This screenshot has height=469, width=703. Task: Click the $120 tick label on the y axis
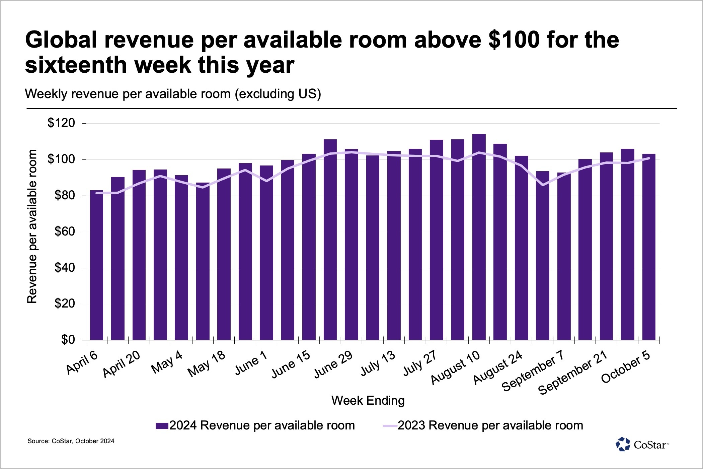[x=61, y=123]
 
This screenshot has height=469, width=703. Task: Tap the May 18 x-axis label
[x=206, y=364]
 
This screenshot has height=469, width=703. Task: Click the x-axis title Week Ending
[x=368, y=401]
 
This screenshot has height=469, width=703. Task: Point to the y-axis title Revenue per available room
[x=32, y=226]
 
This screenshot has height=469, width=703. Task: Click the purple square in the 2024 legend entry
[x=162, y=426]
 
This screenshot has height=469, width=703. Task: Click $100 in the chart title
[x=514, y=40]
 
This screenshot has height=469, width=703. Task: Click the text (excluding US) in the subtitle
[x=278, y=94]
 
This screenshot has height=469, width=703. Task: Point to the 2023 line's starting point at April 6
[x=97, y=193]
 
